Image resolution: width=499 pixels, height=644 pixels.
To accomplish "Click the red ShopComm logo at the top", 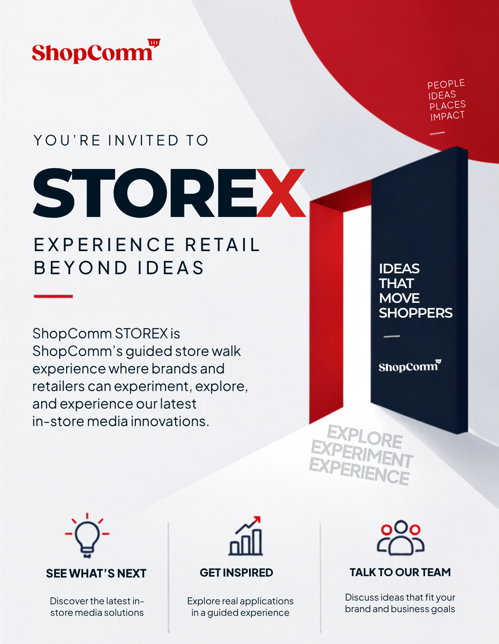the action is coord(96,51).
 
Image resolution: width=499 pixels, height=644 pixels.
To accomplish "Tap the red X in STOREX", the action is coord(280,193).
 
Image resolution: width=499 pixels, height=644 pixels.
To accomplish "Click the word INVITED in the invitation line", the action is coord(143,140).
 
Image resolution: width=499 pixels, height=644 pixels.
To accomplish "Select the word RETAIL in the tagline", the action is coord(222,245).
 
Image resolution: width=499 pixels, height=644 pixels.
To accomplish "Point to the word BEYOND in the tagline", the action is coord(81,268).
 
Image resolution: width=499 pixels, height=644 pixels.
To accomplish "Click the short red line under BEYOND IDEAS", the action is coord(54,296).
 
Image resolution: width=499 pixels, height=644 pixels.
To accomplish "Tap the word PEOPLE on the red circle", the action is coord(446,84).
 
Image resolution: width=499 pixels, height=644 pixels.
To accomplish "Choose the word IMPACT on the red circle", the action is coord(447,116).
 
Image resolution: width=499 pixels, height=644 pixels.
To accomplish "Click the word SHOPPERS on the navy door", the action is coord(416,313).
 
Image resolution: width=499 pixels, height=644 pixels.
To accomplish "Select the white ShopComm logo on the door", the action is coord(410,366).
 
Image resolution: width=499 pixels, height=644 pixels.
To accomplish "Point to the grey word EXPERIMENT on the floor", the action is coord(361,454).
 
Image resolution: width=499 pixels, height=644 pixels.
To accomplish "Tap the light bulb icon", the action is coord(87,536).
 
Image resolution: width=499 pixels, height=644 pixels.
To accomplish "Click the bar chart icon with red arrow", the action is coord(245,536).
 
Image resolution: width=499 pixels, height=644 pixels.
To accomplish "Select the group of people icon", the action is coord(401,537).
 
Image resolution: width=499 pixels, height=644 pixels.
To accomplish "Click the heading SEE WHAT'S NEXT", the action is coord(97,573).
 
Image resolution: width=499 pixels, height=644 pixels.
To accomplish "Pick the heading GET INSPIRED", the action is coord(236,572).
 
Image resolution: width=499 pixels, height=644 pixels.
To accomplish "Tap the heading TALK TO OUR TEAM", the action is coord(400,572).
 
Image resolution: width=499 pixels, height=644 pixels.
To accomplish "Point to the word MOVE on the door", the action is coord(399,298).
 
